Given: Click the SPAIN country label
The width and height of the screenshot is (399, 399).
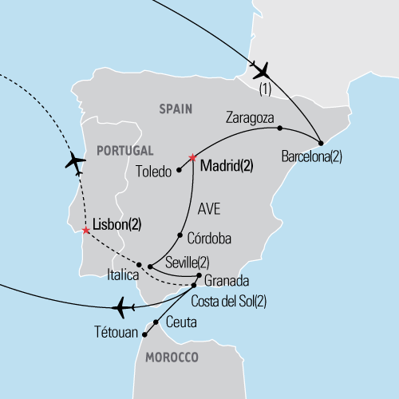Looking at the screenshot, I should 177,109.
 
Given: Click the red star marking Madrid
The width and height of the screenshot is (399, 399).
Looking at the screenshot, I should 192,157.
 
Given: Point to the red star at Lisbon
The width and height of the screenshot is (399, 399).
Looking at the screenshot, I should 85,231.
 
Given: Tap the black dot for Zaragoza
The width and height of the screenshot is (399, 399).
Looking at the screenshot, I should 279,128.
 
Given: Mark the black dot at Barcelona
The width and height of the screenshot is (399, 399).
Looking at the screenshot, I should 321,144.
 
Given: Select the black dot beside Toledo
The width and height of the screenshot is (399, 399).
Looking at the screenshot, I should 180,169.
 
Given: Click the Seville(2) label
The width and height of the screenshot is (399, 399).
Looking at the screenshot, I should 187,263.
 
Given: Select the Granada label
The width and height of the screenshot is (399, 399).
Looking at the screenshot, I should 227,281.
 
